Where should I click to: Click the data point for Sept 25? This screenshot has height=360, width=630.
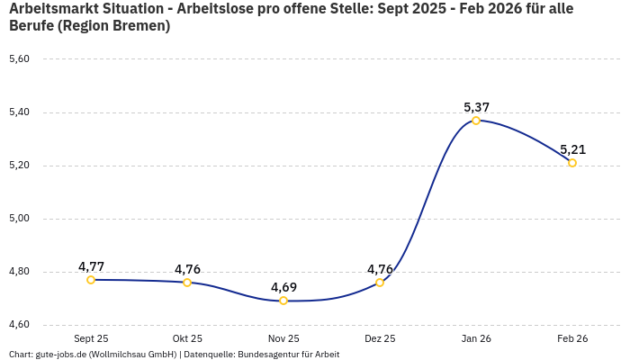pos(91,280)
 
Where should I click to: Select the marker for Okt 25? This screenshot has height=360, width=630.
pos(187,283)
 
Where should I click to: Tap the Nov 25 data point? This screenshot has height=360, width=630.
pos(283,301)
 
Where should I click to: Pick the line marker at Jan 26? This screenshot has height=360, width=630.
pos(476,121)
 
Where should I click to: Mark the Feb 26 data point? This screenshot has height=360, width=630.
pos(572,163)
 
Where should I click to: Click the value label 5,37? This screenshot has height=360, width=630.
pos(476,107)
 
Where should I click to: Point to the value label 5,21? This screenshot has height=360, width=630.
pos(572,149)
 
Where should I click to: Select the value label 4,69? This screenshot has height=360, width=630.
pos(283,287)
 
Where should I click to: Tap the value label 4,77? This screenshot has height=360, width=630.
pos(91,266)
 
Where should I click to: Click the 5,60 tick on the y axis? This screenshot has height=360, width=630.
pos(19,59)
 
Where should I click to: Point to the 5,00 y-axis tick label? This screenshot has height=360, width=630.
pos(19,219)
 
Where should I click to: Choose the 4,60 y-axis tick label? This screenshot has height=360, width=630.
pos(19,325)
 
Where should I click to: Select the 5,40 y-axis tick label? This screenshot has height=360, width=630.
pos(19,112)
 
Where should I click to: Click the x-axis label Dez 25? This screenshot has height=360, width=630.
pos(380,338)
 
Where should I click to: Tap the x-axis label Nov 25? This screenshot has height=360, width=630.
pos(283,338)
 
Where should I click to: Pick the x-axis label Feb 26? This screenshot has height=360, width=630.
pos(572,338)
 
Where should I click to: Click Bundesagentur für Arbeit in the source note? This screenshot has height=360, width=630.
pos(288,354)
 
